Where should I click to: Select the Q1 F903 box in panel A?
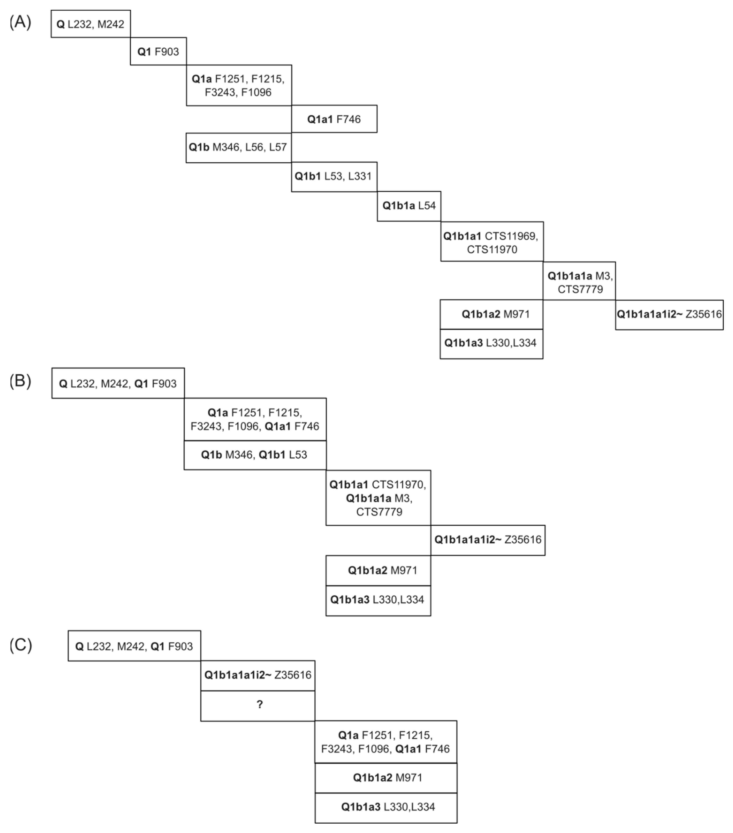tap(158, 51)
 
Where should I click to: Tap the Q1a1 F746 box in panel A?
tap(334, 119)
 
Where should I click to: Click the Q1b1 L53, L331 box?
tap(334, 176)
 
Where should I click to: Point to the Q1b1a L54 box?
tap(409, 206)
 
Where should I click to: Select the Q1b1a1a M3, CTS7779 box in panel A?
tap(579, 282)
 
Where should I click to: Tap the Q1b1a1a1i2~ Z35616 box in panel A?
tap(669, 314)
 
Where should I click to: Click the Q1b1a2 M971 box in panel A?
tap(491, 314)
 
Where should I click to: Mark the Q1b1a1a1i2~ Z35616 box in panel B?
tap(488, 540)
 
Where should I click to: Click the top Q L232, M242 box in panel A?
tap(90, 24)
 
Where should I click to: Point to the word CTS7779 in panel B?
tap(379, 512)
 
